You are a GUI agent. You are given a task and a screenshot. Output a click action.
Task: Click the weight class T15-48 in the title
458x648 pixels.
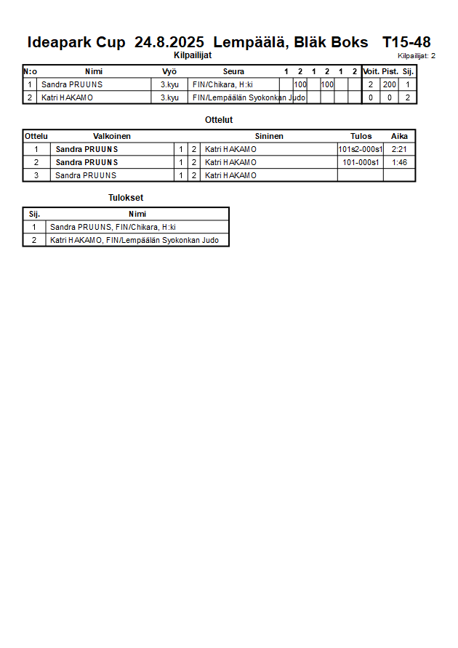406,42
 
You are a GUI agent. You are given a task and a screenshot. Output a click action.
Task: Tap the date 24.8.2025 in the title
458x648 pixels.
169,42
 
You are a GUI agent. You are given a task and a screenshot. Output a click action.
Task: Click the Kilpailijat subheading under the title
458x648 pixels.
193,55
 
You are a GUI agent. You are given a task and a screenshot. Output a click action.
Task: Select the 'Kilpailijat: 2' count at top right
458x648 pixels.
417,56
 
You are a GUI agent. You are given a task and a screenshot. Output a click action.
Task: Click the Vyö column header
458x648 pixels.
169,71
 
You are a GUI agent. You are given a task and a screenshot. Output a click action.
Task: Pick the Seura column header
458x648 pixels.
233,71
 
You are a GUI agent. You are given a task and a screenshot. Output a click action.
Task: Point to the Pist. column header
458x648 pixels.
390,71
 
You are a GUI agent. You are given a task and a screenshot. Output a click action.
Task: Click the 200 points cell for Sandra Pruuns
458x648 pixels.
390,84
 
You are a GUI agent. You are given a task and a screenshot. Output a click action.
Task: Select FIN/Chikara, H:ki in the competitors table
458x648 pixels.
222,84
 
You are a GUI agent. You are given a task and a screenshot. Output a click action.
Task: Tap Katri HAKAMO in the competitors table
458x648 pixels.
67,97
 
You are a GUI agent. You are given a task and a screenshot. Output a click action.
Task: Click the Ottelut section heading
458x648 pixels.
220,120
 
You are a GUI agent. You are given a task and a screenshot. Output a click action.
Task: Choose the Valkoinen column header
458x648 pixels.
112,136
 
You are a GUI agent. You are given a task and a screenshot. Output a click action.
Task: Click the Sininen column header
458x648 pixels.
269,136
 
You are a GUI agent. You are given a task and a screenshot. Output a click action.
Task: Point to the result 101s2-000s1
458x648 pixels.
360,149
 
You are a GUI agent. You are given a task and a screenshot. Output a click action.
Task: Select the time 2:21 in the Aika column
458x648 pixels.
399,149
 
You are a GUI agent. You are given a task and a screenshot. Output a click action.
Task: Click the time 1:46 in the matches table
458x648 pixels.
399,162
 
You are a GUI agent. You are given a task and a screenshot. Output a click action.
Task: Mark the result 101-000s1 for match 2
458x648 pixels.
360,162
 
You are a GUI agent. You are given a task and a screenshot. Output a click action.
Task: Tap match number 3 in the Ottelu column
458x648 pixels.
36,175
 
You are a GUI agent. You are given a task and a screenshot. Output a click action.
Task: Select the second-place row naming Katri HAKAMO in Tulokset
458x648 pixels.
134,240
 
